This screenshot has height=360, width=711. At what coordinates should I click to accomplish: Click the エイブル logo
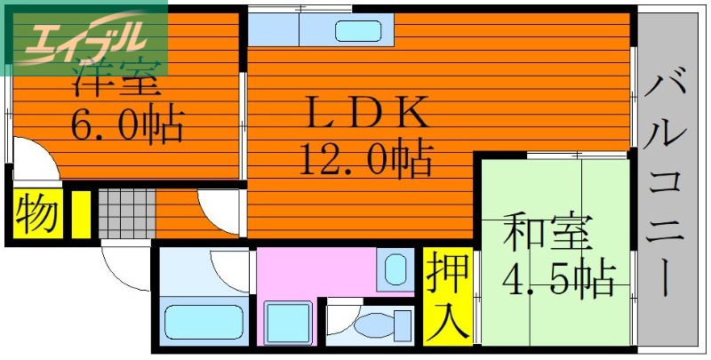point(84,36)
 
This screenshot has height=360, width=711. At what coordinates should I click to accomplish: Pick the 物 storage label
point(36,214)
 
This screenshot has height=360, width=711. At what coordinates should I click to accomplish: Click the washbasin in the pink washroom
point(395,268)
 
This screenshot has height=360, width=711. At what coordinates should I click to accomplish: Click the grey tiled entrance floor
point(125,213)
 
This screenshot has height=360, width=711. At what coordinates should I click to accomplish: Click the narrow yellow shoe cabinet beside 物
point(80,213)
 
